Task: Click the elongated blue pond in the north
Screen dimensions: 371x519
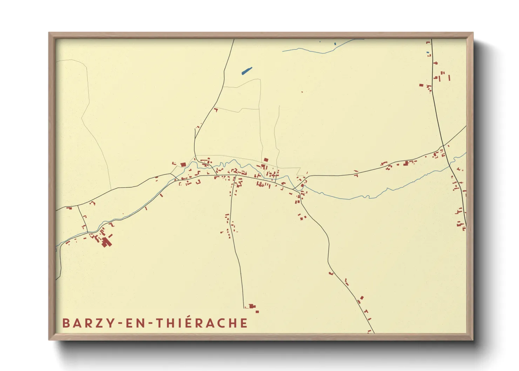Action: (x=247, y=71)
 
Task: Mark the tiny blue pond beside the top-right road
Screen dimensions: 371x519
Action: (x=428, y=53)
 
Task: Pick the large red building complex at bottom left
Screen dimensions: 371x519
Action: (x=106, y=242)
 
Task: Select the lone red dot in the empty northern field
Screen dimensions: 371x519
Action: (x=302, y=92)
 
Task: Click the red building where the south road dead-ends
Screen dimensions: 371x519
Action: (x=251, y=306)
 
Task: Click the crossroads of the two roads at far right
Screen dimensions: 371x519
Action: (x=443, y=145)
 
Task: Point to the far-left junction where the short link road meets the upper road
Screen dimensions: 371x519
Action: (x=78, y=205)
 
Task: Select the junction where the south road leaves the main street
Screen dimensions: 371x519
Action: (x=233, y=175)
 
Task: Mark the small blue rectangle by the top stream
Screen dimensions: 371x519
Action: (x=335, y=44)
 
